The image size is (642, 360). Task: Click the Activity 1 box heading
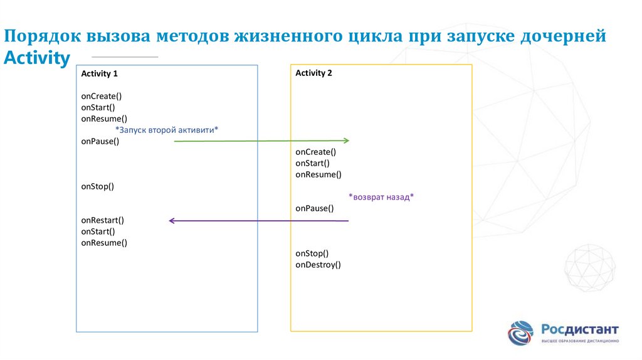point(99,73)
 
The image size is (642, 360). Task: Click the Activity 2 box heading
point(313,73)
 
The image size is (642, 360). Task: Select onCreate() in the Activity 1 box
point(101,96)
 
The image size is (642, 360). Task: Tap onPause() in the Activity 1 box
point(100,141)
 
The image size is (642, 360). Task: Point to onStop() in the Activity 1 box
point(97,186)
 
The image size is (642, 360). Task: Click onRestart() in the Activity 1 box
point(102,220)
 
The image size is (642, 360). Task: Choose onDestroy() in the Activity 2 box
point(318,265)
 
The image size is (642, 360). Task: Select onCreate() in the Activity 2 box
point(315,152)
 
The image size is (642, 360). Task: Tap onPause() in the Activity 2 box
point(314,208)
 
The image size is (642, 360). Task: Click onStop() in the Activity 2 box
point(312,253)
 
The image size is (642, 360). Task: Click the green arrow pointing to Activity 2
point(261,141)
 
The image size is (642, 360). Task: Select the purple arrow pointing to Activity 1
point(258,220)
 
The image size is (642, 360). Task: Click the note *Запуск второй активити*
point(167,129)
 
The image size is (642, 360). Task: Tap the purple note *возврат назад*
point(381,197)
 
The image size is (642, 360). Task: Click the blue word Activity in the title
point(37,58)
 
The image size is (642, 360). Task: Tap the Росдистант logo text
point(579,329)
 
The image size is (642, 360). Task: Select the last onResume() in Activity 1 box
point(103,243)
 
